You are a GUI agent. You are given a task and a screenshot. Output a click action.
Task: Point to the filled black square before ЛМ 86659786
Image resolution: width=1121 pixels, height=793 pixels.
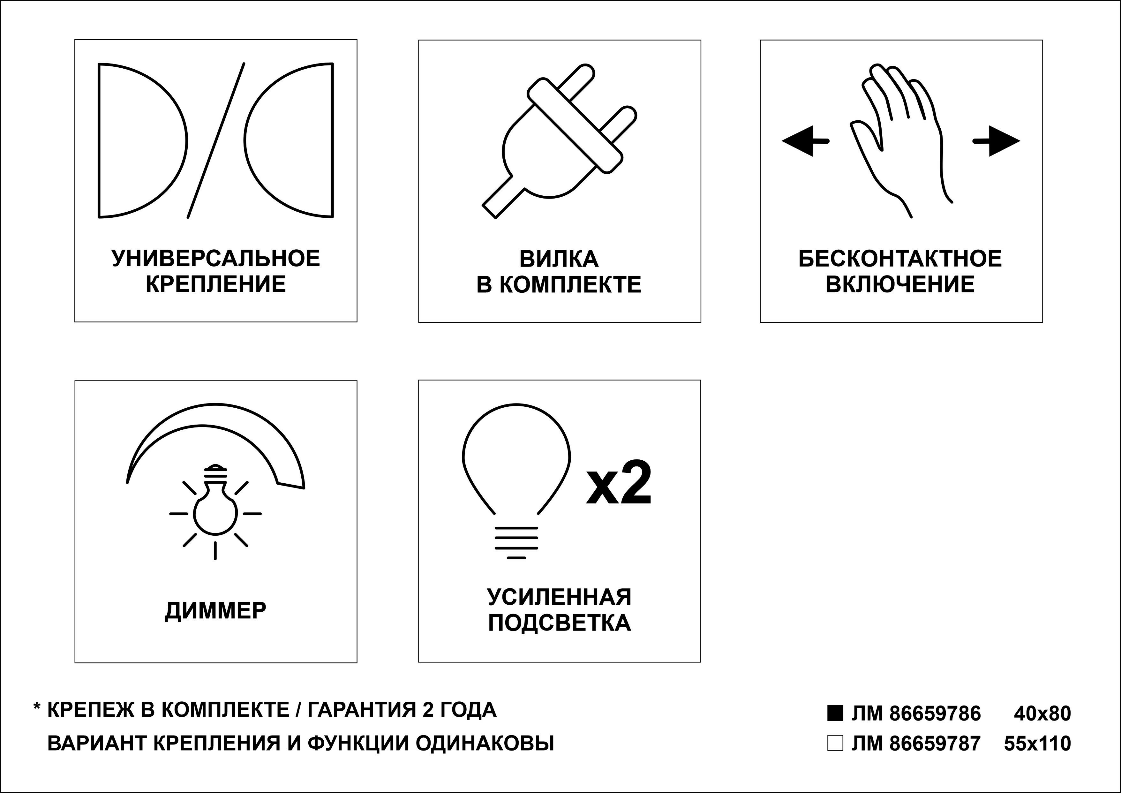pos(835,714)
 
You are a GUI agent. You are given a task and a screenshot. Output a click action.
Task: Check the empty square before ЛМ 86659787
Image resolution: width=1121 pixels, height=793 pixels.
pos(835,743)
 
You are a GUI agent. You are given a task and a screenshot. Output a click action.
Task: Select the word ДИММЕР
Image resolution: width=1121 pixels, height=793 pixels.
pos(215,611)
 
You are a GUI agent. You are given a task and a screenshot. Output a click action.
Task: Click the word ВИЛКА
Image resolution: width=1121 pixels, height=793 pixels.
pos(559,259)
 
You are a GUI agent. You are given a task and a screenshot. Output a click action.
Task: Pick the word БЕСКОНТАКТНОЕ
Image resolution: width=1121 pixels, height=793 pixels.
pos(900,259)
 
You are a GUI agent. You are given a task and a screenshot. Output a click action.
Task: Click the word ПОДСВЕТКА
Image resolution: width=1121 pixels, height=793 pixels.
pos(560,623)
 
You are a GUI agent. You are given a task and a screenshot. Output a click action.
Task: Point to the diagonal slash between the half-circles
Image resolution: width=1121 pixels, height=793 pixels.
pos(216,141)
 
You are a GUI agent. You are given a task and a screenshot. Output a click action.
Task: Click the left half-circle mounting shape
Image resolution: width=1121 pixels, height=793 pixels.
pos(142,141)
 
